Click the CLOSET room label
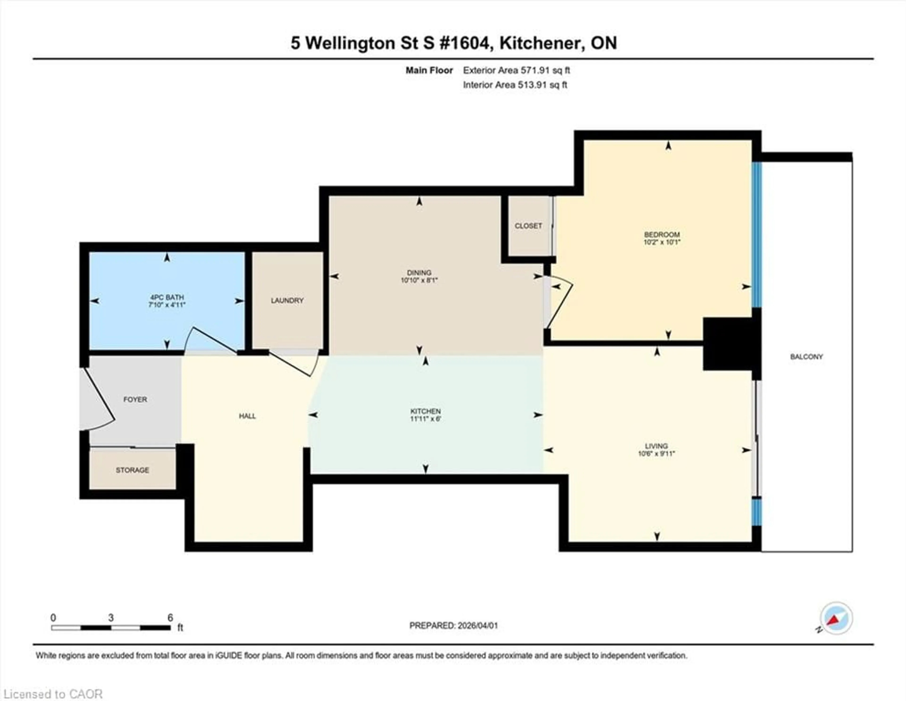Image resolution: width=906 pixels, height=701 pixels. click(x=528, y=226)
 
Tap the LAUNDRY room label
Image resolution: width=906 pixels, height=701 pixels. click(x=287, y=300)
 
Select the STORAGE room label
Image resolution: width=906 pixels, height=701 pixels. click(x=132, y=470)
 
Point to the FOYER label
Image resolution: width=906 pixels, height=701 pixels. click(x=135, y=399)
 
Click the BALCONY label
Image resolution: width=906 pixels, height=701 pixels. click(x=806, y=356)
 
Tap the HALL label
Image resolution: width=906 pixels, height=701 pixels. click(x=247, y=416)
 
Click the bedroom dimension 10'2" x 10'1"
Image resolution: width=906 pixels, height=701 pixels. click(x=662, y=242)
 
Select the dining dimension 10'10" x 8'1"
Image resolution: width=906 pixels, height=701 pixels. click(x=419, y=280)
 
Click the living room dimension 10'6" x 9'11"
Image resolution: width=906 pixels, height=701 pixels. click(x=656, y=454)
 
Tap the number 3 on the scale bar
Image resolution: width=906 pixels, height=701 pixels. click(x=111, y=618)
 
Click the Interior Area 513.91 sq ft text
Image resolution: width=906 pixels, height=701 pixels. click(x=515, y=85)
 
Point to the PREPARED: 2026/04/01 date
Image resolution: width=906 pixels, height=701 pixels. click(x=453, y=625)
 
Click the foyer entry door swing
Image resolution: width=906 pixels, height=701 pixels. click(x=97, y=401)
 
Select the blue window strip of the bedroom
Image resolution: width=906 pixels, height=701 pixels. click(x=757, y=235)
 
